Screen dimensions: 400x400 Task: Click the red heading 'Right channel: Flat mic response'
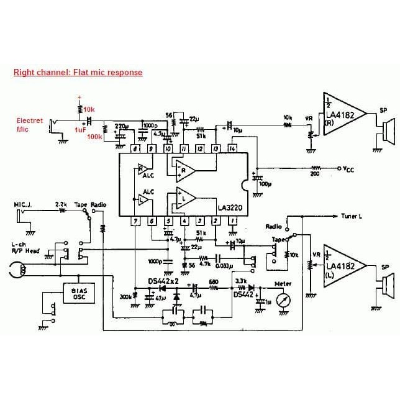[78, 73]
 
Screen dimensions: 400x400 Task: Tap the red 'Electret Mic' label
[29, 125]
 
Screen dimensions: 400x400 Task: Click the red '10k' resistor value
[89, 109]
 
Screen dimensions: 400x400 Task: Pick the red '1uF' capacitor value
[80, 130]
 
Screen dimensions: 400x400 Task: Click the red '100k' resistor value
[94, 137]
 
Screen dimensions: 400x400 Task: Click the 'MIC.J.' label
[24, 204]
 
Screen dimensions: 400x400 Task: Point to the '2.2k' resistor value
[61, 204]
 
